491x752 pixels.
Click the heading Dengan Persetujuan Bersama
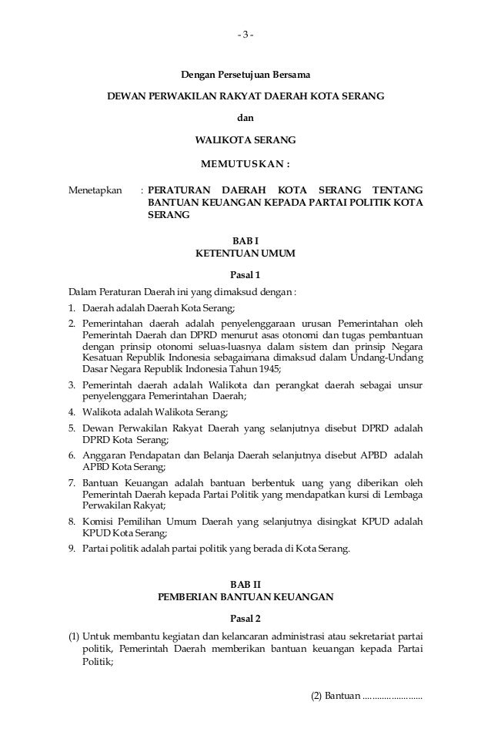click(245, 75)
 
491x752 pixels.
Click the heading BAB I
click(245, 240)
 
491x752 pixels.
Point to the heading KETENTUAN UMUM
click(245, 253)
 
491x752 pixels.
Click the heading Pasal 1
click(245, 275)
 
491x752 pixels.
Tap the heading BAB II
click(245, 584)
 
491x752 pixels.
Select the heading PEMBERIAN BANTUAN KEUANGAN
click(245, 596)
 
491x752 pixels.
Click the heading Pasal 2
click(245, 618)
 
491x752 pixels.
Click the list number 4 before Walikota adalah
click(72, 411)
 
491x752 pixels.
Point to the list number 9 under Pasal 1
click(72, 549)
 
